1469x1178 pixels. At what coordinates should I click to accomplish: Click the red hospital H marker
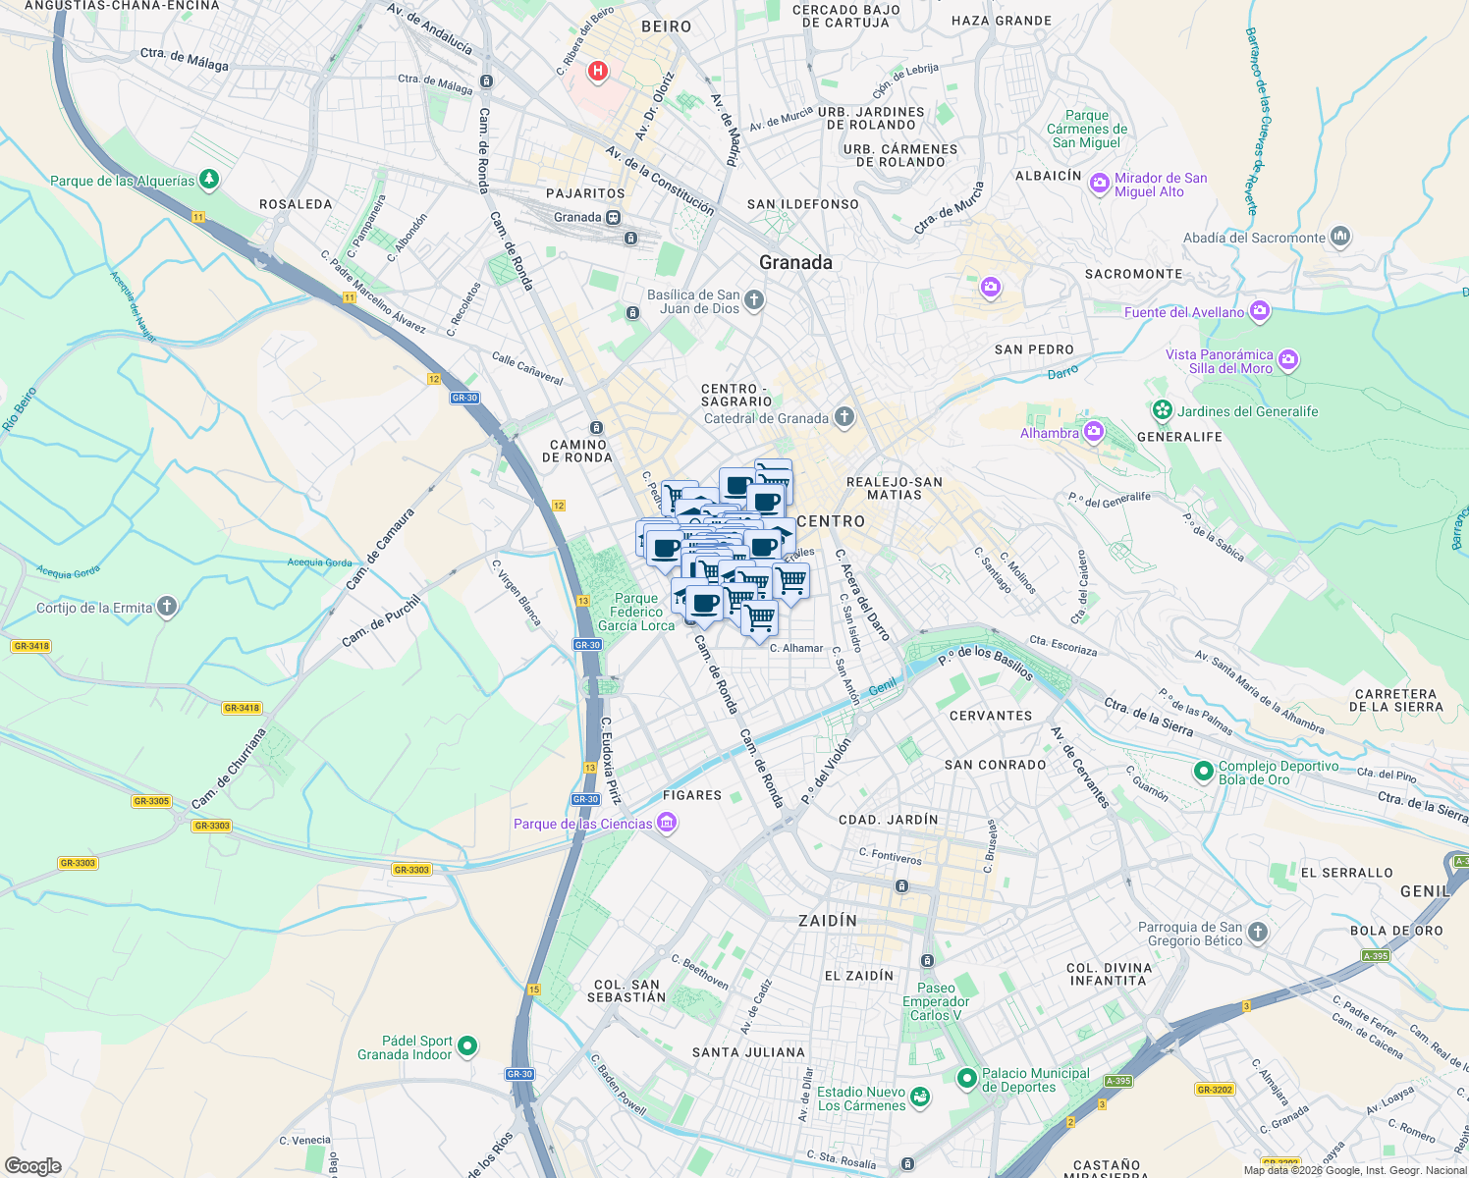tap(597, 71)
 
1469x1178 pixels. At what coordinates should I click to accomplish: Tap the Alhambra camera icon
tap(1094, 432)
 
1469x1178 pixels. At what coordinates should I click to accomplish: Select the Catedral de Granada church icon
tap(843, 417)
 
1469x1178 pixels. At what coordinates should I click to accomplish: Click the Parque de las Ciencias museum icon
tap(667, 823)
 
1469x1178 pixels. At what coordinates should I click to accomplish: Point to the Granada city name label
tap(795, 262)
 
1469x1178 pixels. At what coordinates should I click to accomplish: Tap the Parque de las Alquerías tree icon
tap(208, 180)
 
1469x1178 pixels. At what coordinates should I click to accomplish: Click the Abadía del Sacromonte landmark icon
tap(1340, 237)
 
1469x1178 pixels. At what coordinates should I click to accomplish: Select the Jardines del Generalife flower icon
tap(1163, 410)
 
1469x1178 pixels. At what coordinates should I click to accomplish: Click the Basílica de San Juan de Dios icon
tap(753, 300)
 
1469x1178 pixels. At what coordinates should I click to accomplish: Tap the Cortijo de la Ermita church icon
tap(167, 607)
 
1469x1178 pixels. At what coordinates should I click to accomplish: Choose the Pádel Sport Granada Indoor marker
tap(467, 1046)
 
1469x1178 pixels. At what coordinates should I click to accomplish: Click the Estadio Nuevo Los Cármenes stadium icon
tap(920, 1098)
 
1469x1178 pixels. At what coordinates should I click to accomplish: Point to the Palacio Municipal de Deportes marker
tap(967, 1079)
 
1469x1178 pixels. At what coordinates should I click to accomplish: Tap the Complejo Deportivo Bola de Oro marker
tap(1203, 772)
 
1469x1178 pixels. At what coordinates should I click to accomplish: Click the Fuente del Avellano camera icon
tap(1260, 312)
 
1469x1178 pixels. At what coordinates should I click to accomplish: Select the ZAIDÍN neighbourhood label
tap(828, 921)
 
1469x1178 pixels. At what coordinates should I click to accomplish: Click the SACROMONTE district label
tap(1133, 274)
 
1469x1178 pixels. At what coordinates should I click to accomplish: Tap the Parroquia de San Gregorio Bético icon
tap(1258, 933)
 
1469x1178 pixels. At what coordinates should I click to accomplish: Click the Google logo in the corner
tap(32, 1165)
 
